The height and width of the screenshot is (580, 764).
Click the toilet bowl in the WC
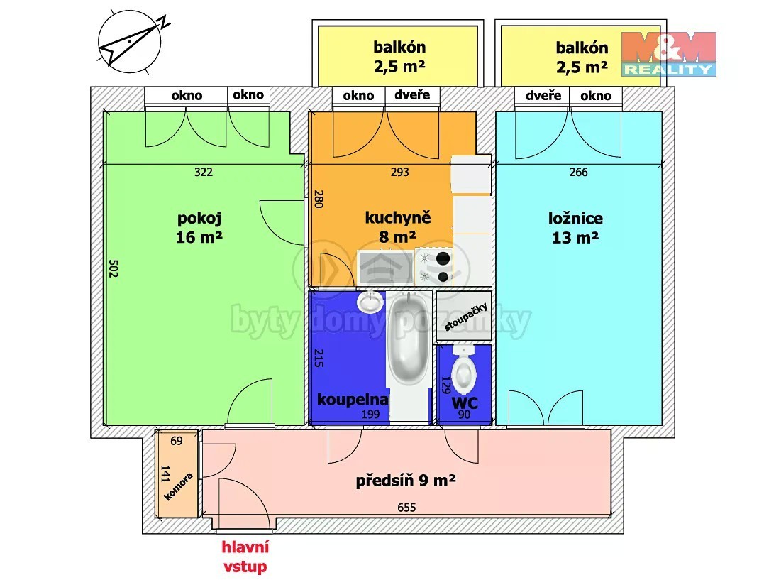463,370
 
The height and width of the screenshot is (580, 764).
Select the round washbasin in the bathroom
371,302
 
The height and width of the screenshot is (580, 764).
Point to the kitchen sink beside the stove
385,268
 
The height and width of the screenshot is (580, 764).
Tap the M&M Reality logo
668,54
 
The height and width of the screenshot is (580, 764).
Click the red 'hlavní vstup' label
245,557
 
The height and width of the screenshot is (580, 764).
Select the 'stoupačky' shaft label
465,316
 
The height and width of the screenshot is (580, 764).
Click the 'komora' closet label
178,486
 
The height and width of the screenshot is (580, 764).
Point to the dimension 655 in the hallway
406,508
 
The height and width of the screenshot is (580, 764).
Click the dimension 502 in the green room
113,268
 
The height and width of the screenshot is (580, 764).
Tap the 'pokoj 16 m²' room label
199,227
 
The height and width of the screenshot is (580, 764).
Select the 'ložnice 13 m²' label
575,227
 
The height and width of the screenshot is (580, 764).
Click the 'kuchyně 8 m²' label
398,227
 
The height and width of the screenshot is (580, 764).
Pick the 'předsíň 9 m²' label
405,481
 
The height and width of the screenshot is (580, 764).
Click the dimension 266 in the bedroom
578,172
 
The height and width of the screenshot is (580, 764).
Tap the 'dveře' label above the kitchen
412,94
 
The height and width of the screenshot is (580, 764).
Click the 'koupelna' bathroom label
353,400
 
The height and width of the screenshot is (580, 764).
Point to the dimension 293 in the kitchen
399,172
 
